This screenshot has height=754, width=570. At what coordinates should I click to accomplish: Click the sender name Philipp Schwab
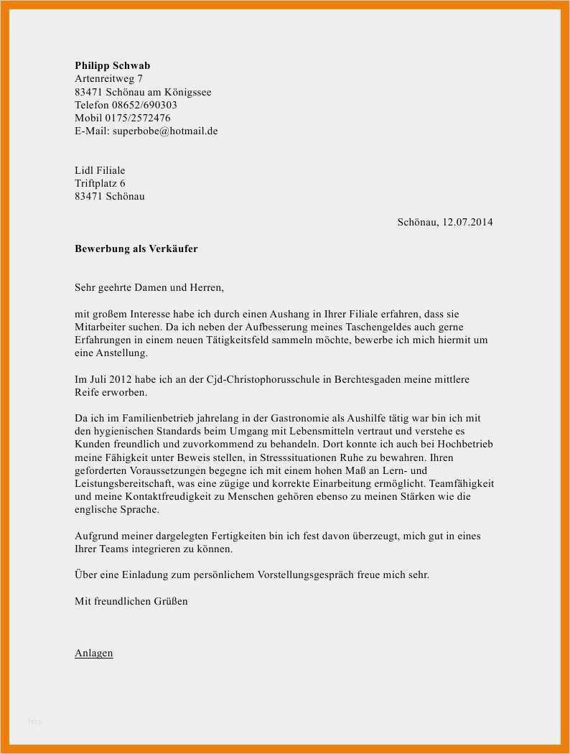112,65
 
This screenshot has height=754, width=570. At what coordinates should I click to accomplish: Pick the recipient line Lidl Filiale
100,170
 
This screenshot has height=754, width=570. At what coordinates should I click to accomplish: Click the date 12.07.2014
467,223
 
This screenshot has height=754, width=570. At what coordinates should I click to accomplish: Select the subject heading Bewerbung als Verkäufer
136,248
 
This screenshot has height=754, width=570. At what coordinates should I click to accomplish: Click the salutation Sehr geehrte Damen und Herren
149,288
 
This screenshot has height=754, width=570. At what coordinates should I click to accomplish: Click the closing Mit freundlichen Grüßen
131,601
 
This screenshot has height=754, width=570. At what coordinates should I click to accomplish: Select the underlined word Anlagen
93,653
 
